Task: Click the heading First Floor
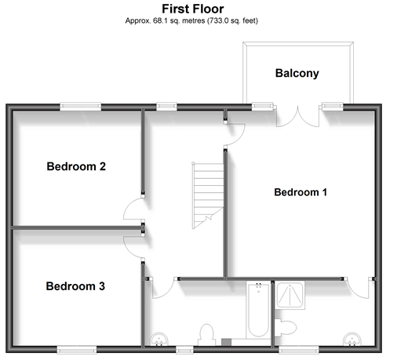coord(193,9)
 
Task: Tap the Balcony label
coord(297,73)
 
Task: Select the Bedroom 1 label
coord(301,192)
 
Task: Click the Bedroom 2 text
coord(76,166)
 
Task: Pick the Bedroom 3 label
coord(75,286)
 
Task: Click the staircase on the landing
coord(208,195)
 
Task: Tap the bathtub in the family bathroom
coord(258,310)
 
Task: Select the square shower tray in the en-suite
coord(290,295)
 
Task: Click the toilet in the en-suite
coord(285,327)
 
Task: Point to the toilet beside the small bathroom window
coord(206,335)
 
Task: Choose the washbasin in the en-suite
coord(352,339)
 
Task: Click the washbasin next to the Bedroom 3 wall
coord(159,339)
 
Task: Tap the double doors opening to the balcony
coord(298,117)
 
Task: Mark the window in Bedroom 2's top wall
coord(81,106)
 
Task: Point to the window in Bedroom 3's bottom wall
coord(77,350)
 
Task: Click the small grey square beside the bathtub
coord(227,342)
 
